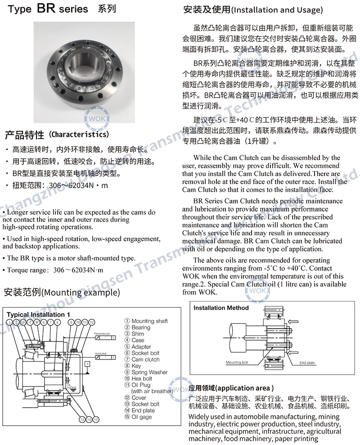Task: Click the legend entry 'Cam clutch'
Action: pos(145,360)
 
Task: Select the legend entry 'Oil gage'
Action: pos(142,417)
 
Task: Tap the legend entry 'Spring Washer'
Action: pos(149,372)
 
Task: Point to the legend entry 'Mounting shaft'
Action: pos(149,321)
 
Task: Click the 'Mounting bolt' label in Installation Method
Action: pos(237,362)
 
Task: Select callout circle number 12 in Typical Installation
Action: pos(92,322)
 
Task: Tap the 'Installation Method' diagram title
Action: pos(221,308)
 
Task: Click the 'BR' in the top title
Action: pos(46,9)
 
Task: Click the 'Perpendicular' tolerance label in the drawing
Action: pos(102,334)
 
